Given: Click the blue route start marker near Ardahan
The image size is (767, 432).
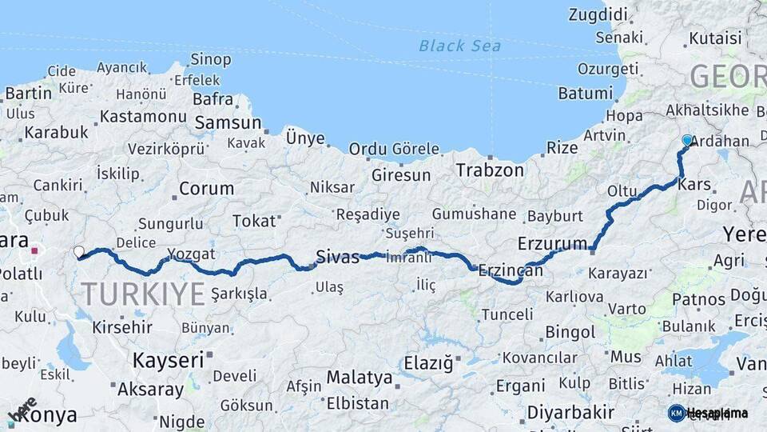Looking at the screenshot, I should tap(687, 140).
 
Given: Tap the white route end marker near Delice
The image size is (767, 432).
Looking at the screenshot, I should tap(78, 252).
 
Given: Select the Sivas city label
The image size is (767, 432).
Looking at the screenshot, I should tap(337, 257).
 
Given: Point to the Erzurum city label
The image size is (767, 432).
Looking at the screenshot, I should tap(552, 242).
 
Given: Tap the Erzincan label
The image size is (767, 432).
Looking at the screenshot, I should tap(511, 271).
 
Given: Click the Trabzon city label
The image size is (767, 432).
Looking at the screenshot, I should tap(490, 170).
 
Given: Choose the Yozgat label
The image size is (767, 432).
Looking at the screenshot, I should tap(192, 255).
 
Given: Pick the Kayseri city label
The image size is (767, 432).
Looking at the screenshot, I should tap(169, 360).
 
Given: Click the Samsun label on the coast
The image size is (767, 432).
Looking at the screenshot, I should tap(228, 122).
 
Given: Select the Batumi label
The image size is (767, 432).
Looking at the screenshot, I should tap(585, 93).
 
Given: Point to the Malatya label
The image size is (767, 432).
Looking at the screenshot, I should tap(360, 377).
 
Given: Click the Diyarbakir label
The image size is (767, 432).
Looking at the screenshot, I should tap(570, 413).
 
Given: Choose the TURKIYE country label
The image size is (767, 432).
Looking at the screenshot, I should tap(143, 294).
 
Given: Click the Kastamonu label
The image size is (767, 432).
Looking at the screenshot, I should tap(144, 117).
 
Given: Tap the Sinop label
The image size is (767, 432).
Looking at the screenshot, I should tap(211, 59).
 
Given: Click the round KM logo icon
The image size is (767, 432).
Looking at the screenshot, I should tap(676, 413).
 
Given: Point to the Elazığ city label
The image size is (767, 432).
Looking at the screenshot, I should tap(428, 363).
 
